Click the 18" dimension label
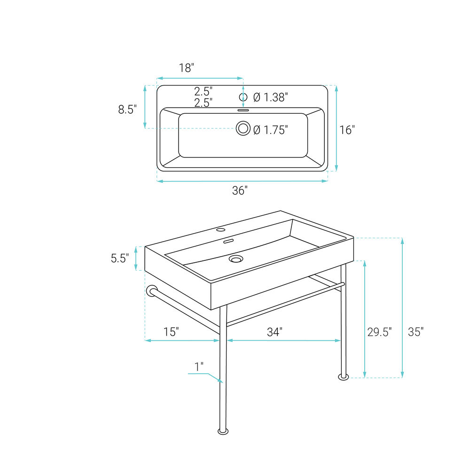(187, 68)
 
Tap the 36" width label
(240, 190)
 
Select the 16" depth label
(347, 130)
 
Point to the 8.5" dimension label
(127, 110)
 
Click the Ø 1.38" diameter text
(271, 97)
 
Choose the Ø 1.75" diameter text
(271, 130)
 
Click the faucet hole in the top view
(243, 97)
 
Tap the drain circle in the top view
(243, 128)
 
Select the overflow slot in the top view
(243, 110)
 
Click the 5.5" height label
(120, 258)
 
